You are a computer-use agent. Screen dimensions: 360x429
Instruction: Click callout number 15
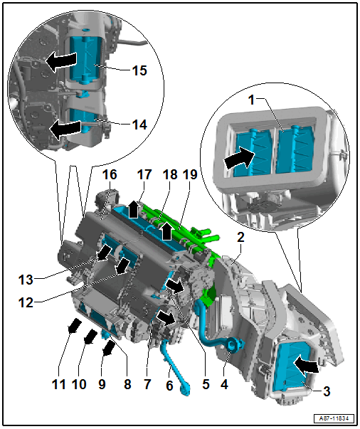pyautogui.click(x=139, y=70)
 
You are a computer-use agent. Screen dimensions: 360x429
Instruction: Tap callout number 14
pyautogui.click(x=139, y=125)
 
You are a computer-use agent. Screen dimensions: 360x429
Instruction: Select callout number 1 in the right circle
pyautogui.click(x=251, y=100)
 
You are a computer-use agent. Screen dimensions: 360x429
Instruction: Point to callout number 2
pyautogui.click(x=240, y=237)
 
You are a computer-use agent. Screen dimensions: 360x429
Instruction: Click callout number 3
pyautogui.click(x=327, y=391)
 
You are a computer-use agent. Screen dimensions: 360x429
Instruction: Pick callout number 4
pyautogui.click(x=224, y=384)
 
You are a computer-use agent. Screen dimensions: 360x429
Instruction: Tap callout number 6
pyautogui.click(x=169, y=386)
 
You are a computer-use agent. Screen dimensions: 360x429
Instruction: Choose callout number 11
pyautogui.click(x=59, y=384)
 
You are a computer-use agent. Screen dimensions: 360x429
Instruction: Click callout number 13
pyautogui.click(x=26, y=280)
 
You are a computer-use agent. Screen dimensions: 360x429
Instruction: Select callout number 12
pyautogui.click(x=26, y=302)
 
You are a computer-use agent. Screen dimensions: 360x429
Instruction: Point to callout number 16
pyautogui.click(x=110, y=174)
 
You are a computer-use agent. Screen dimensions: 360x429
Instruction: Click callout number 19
pyautogui.click(x=190, y=174)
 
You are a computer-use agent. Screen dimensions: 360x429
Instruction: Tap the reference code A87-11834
pyautogui.click(x=334, y=418)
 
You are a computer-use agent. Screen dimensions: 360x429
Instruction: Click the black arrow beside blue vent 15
pyautogui.click(x=60, y=60)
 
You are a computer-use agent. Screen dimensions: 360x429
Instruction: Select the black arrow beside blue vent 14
pyautogui.click(x=65, y=129)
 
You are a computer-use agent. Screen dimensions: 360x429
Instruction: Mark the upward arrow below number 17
pyautogui.click(x=134, y=209)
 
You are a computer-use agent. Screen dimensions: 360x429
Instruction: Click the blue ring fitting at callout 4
pyautogui.click(x=233, y=345)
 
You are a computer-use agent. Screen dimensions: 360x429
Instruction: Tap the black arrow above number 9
pyautogui.click(x=109, y=349)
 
